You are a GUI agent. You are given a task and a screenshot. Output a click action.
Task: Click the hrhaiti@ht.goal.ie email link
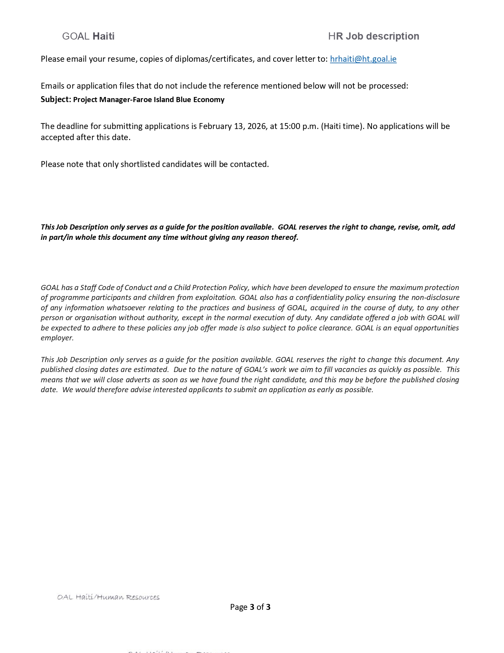tap(363, 59)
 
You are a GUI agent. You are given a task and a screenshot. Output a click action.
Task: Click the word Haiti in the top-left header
tap(104, 36)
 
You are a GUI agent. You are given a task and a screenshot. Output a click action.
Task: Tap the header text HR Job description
tap(374, 36)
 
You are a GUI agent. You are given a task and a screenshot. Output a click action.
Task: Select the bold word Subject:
tap(56, 99)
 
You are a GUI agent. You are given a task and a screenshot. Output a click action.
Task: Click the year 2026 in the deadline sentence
tap(257, 126)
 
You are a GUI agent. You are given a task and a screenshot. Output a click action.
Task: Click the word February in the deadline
tap(215, 126)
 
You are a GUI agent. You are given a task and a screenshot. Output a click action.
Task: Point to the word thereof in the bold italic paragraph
tap(284, 237)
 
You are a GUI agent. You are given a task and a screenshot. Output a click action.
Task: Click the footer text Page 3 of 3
tap(250, 607)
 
